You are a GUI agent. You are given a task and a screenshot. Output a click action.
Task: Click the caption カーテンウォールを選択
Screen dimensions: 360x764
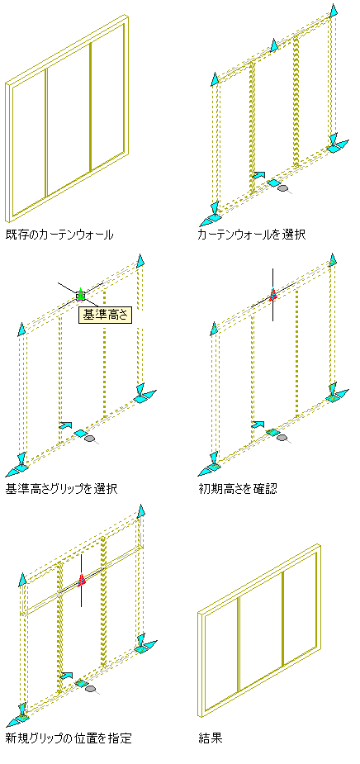(251, 235)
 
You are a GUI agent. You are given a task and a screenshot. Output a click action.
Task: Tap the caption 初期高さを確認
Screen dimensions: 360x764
(238, 488)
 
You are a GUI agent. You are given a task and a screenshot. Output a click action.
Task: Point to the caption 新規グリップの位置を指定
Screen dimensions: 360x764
(69, 738)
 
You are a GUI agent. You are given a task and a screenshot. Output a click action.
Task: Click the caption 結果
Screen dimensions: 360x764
(211, 738)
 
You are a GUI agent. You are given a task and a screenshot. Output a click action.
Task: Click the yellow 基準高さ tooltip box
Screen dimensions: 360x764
(105, 315)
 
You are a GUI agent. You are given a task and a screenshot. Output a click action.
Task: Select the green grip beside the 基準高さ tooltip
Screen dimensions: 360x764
(80, 294)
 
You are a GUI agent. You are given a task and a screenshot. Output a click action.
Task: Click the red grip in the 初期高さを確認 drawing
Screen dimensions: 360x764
(272, 294)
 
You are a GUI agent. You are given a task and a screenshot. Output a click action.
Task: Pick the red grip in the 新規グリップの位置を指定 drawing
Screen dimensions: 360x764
(82, 579)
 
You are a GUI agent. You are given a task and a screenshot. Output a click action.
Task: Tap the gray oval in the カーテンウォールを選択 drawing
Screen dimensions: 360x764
(282, 187)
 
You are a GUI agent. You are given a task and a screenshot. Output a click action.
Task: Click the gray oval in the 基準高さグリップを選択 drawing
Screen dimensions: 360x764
(89, 439)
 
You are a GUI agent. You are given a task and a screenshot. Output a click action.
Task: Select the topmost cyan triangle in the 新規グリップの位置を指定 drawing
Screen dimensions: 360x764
(141, 511)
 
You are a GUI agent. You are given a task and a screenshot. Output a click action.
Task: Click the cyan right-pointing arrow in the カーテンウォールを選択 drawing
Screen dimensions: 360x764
(259, 174)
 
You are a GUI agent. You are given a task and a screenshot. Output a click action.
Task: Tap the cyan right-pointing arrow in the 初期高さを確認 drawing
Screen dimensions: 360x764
(258, 425)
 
